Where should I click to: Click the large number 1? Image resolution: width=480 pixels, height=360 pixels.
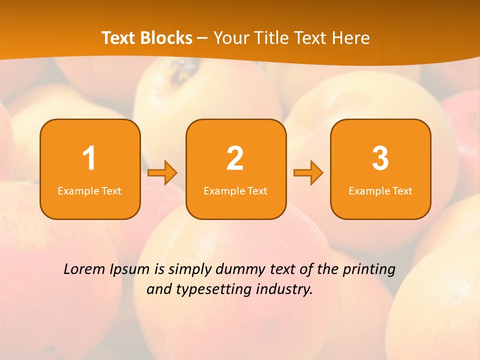[89, 159]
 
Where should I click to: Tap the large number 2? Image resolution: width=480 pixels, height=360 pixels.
[235, 159]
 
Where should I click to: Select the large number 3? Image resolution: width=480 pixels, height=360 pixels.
[380, 159]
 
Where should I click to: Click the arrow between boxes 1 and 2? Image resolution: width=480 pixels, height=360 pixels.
[162, 172]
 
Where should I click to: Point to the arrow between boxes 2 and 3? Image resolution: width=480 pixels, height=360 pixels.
[308, 172]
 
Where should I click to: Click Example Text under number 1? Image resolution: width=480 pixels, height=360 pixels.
[89, 191]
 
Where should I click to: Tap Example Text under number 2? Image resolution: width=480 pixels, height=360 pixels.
[235, 191]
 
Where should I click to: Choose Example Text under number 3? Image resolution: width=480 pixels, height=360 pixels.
[380, 191]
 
